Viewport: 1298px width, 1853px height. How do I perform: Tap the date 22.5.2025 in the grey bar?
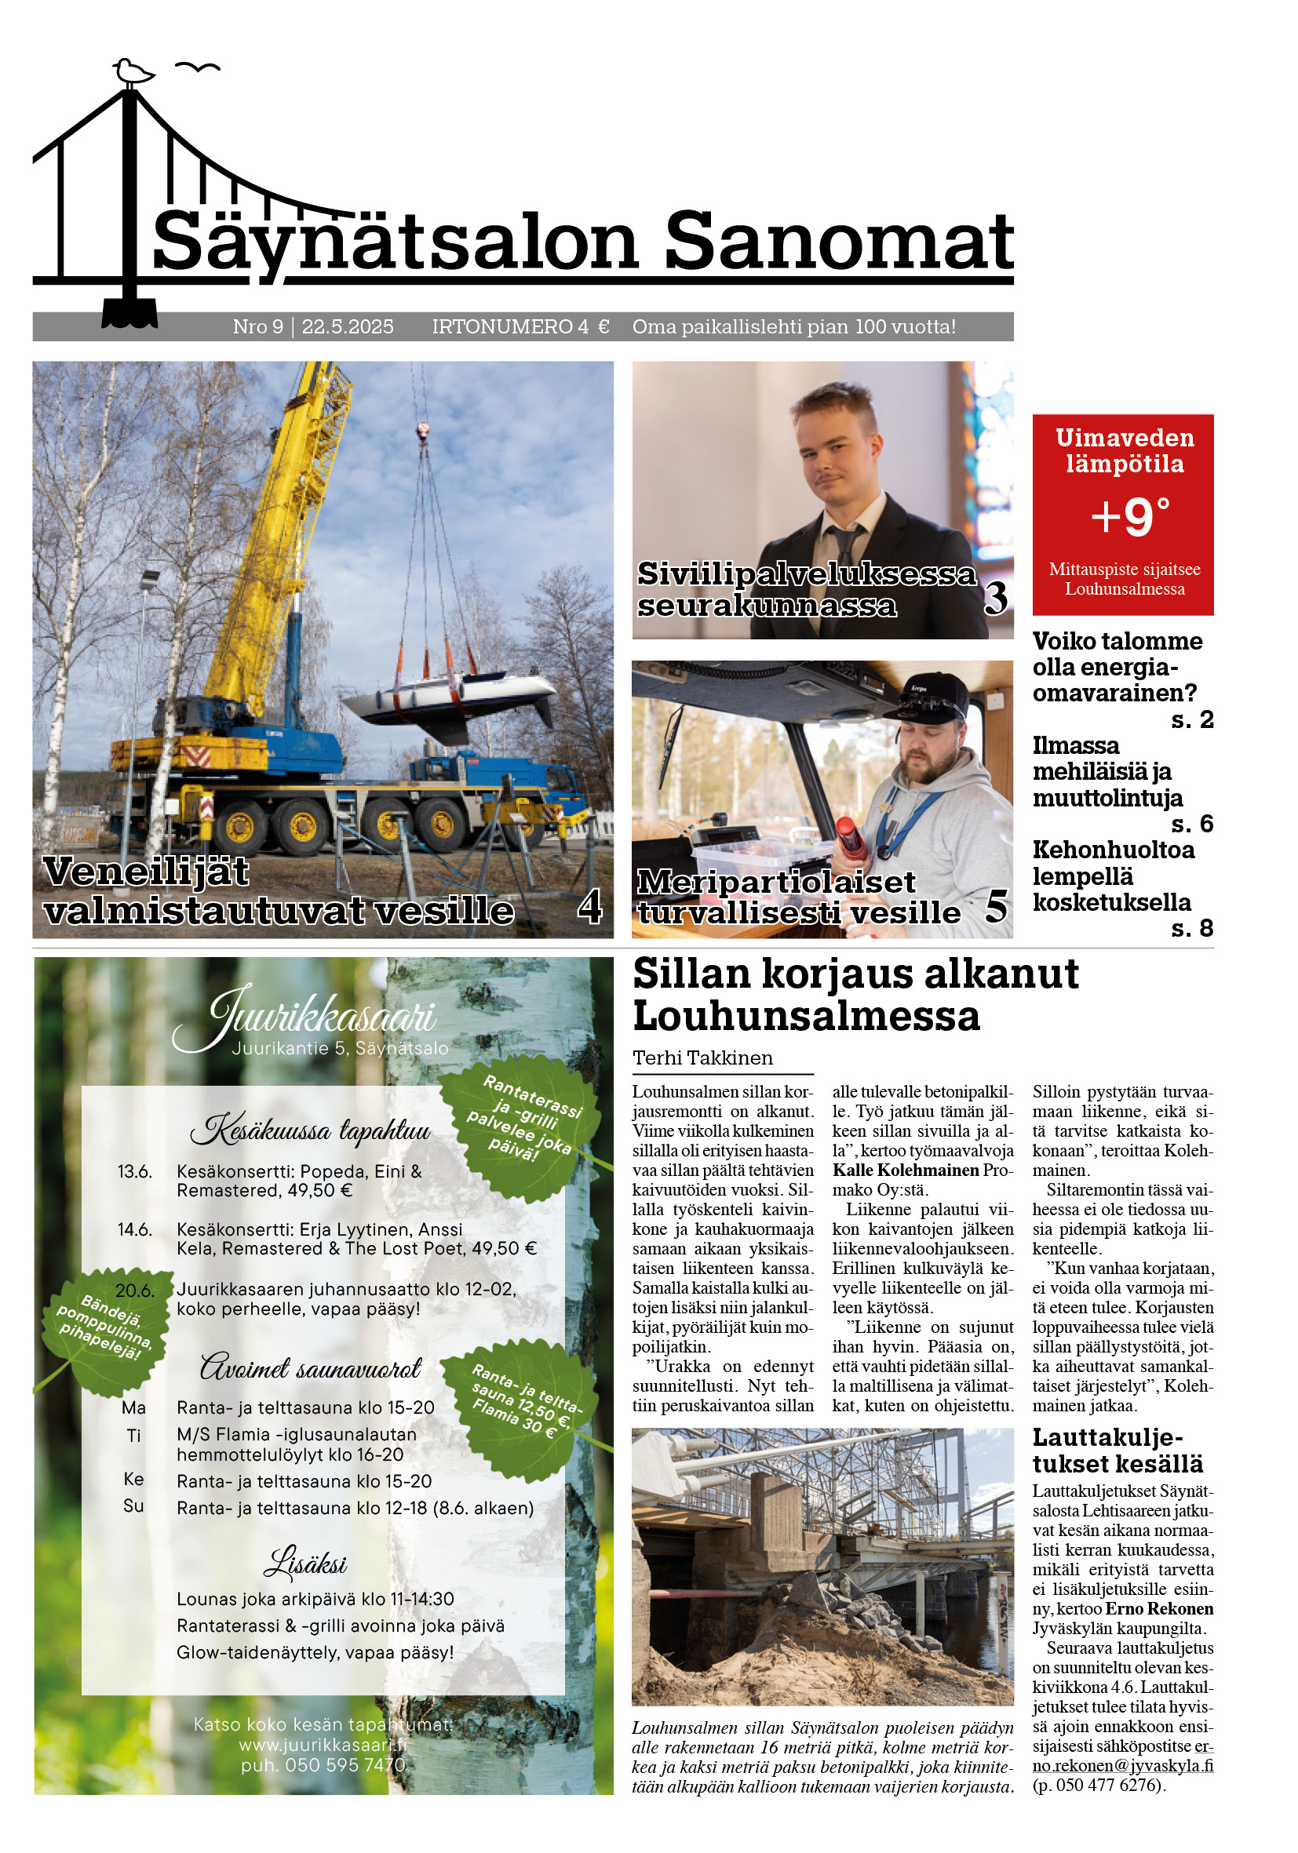point(347,327)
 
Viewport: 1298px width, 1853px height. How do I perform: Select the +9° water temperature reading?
point(1129,516)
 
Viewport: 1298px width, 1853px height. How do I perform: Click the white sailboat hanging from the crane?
point(450,696)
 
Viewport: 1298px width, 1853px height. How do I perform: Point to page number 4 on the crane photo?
point(589,906)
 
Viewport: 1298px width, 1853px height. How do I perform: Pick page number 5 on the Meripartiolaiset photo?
point(996,906)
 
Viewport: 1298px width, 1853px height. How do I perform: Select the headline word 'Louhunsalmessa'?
point(806,1016)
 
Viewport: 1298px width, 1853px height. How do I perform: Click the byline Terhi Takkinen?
point(702,1058)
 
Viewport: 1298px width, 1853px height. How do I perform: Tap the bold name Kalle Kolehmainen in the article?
point(905,1170)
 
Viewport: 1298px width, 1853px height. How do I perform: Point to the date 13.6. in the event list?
point(134,1172)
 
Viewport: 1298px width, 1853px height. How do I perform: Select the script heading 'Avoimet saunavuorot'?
point(310,1369)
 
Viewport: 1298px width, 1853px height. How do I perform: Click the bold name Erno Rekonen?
point(1158,1608)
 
